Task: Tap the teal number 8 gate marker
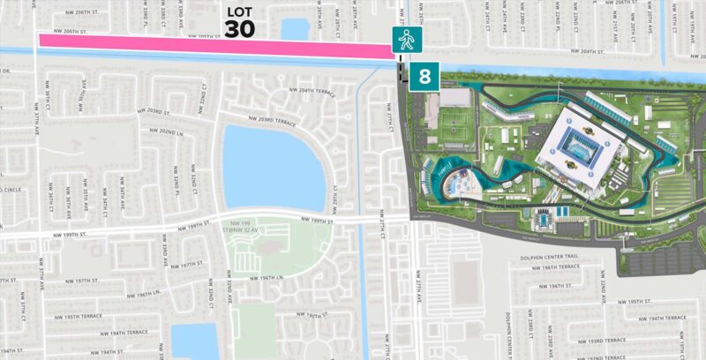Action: click(x=424, y=76)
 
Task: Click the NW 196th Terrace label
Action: click(x=562, y=266)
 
